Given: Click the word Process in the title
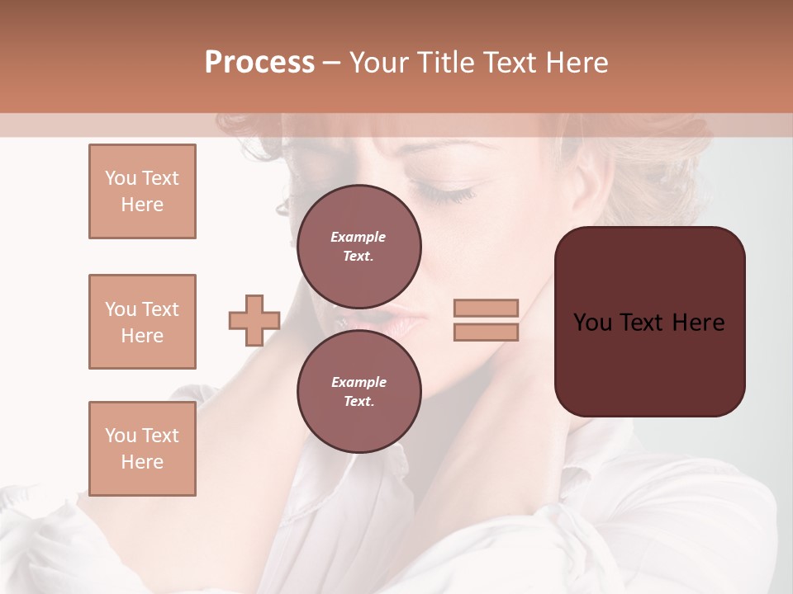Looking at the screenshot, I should (x=259, y=63).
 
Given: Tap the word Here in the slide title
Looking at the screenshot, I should (x=573, y=63).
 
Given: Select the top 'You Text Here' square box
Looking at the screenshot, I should (x=142, y=191).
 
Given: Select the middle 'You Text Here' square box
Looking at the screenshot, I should (x=142, y=322).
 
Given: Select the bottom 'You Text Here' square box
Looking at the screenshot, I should (x=142, y=449).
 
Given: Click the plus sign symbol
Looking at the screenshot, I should (x=254, y=320).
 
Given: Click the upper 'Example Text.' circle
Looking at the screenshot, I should (x=359, y=247).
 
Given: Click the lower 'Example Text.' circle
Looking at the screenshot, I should (x=359, y=392).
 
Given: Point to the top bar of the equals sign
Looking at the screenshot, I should (x=486, y=309).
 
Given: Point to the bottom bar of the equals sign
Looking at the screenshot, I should (x=486, y=332).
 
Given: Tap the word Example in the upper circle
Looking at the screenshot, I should (x=359, y=237).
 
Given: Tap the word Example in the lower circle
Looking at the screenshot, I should (x=359, y=382).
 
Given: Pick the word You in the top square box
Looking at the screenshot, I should (x=120, y=178).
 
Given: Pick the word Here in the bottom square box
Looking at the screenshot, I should (x=142, y=462).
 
